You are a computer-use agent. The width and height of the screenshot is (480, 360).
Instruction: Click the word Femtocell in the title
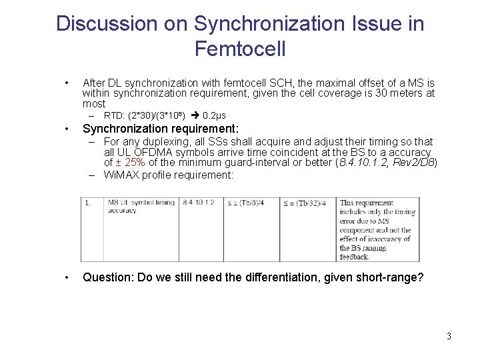(240, 49)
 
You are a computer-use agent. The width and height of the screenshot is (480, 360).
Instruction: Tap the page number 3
(449, 336)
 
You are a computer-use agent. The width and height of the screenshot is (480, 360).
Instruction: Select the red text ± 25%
(133, 162)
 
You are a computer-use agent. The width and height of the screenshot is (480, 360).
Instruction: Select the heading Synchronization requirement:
(160, 129)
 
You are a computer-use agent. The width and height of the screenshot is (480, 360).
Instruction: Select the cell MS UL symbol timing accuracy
(141, 206)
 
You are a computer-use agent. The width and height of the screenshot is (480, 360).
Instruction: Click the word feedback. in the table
(354, 257)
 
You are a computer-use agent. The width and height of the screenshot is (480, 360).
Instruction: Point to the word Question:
(107, 277)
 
